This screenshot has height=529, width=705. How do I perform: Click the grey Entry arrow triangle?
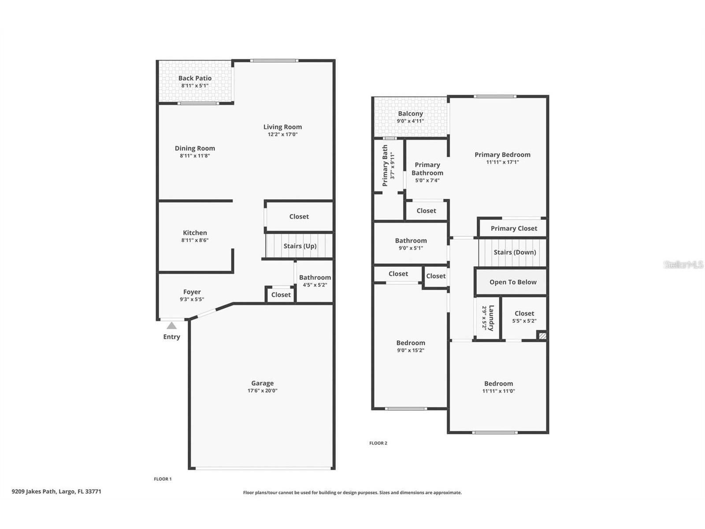pos(171,326)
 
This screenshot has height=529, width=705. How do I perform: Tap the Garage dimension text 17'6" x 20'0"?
pos(263,391)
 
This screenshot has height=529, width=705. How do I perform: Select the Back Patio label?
pos(195,78)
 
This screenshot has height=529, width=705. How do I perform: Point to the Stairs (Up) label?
pos(300,246)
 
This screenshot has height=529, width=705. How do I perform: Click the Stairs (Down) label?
pos(515,253)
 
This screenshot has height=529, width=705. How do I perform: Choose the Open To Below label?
pos(513,282)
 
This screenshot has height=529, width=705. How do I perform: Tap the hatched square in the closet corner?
pos(542,336)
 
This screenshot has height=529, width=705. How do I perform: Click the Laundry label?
pos(491,318)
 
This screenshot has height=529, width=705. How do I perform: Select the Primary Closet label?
pos(514,228)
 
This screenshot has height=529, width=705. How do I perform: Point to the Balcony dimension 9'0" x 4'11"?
pos(410,121)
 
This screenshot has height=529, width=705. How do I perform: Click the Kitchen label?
pos(195,233)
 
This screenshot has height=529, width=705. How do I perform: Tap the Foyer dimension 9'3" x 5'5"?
pos(192,299)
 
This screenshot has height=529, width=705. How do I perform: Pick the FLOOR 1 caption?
pos(163,479)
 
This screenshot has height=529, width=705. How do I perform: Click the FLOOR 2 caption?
pos(378,443)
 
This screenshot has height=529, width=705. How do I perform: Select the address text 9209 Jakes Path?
pos(34,492)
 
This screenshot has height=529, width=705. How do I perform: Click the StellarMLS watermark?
pos(683,264)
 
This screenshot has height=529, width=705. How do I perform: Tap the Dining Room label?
pos(195,148)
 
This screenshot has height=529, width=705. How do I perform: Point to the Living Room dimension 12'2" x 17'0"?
pos(282,134)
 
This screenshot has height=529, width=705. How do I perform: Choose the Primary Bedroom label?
pos(502,154)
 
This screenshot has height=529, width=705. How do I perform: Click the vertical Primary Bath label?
pos(385,165)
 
